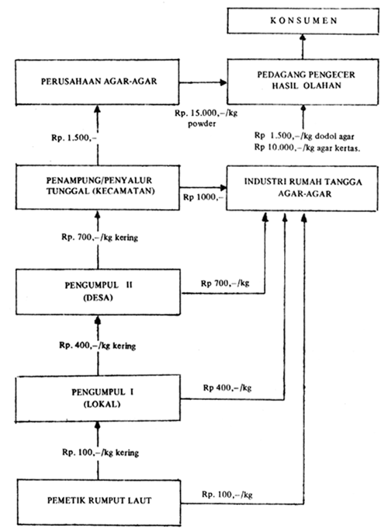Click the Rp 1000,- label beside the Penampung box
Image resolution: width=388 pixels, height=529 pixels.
(201, 197)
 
